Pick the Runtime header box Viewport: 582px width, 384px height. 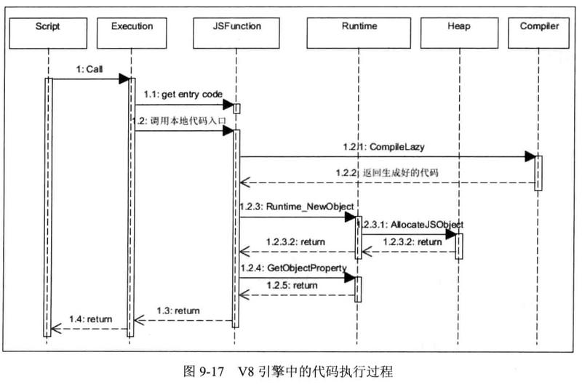(x=359, y=27)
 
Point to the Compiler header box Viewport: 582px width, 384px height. (x=539, y=27)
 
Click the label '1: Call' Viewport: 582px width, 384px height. (x=89, y=69)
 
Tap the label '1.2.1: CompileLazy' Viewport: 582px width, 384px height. (x=394, y=146)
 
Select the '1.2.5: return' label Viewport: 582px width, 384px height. (x=291, y=287)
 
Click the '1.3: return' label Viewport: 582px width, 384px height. (x=178, y=311)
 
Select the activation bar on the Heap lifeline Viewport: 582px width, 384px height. (x=459, y=244)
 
